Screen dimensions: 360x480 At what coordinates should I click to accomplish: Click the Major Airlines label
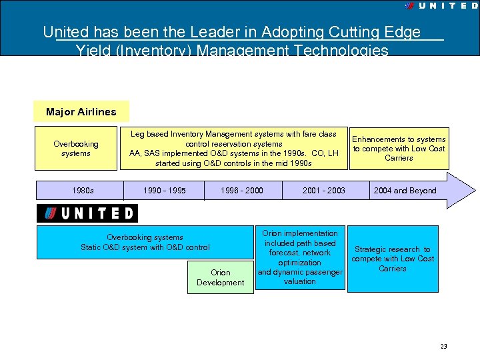[x=81, y=111]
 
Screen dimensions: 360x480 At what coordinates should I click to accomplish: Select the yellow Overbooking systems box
[x=75, y=148]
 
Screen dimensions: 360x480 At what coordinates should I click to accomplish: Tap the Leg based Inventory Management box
[x=233, y=148]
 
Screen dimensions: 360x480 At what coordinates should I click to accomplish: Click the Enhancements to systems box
[x=399, y=148]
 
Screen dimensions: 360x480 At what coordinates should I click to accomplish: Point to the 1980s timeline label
[x=83, y=191]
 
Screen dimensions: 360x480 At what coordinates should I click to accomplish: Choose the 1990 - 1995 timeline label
[x=165, y=191]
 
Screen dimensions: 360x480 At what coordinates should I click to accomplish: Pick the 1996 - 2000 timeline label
[x=242, y=191]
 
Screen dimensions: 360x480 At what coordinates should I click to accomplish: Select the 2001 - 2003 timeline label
[x=324, y=191]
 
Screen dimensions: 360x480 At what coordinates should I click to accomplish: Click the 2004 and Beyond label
[x=405, y=191]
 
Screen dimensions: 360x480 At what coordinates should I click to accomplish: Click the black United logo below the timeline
[x=87, y=213]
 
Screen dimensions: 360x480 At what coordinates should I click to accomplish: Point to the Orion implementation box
[x=300, y=257]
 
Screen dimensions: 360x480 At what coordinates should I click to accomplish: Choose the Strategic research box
[x=393, y=259]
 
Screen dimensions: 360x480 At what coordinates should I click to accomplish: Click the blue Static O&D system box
[x=145, y=242]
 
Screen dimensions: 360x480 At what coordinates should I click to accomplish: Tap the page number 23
[x=443, y=347]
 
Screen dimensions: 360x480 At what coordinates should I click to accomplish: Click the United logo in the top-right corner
[x=441, y=5]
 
